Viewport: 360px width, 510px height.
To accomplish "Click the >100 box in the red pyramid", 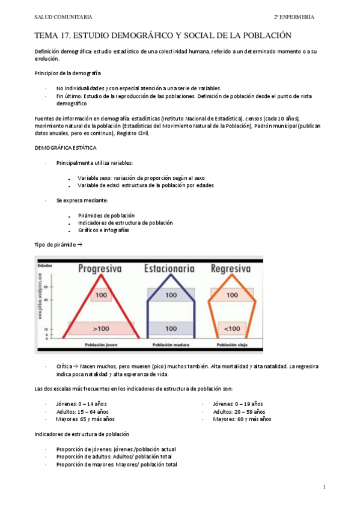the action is [100, 328].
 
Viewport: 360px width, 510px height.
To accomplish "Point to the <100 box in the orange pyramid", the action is [231, 328].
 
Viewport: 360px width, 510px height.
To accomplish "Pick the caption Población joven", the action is [100, 345].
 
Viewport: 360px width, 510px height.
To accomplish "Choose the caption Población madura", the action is [171, 345].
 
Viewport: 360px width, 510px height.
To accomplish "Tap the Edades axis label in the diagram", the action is [44, 265].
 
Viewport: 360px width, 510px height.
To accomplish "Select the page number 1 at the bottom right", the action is [324, 487].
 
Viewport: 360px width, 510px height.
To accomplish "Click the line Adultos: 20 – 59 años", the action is [239, 411].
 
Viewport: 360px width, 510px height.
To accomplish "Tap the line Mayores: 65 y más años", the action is [85, 419].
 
